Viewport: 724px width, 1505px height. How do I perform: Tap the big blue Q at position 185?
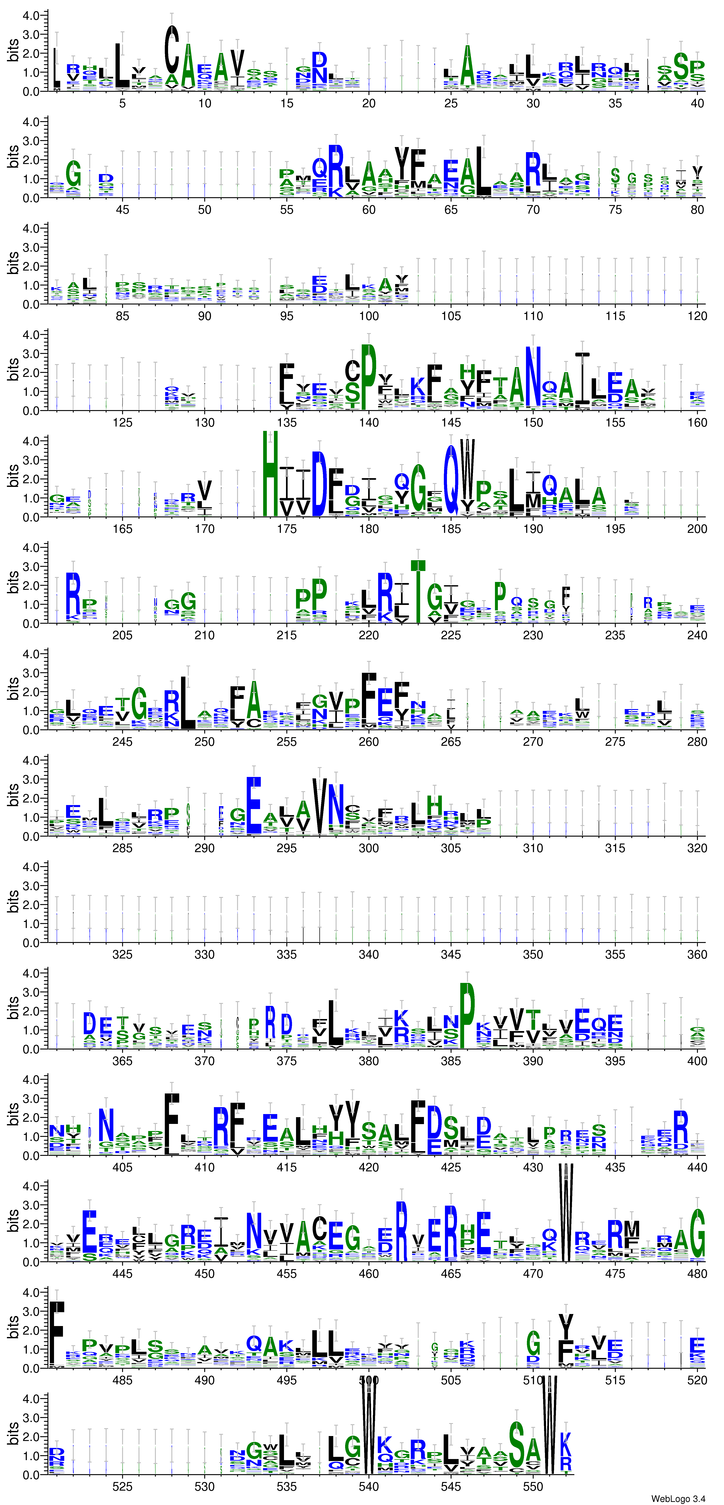tap(451, 479)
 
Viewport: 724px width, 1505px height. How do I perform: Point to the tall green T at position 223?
tap(418, 591)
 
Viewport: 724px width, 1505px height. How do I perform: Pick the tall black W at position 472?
tap(566, 1212)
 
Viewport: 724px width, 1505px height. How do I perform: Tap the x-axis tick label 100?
tap(369, 316)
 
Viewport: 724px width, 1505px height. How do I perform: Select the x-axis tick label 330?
tap(205, 955)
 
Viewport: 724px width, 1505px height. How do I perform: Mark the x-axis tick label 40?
tap(697, 103)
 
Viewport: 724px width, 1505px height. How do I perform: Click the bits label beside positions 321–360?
tap(13, 902)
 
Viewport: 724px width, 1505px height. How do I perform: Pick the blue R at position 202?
tap(73, 593)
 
